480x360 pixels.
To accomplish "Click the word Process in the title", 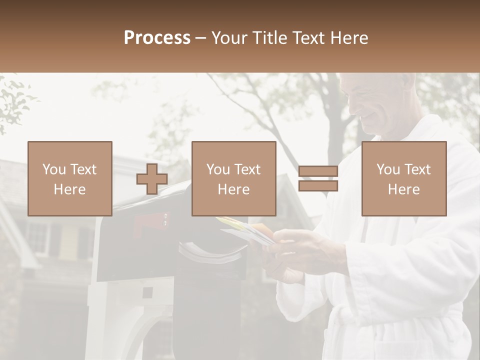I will click(x=157, y=38).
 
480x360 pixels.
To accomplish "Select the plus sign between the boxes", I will click(x=152, y=179).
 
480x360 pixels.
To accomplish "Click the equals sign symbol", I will click(x=318, y=178).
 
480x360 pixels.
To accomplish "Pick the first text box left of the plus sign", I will click(x=69, y=178).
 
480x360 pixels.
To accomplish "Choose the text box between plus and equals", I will click(x=233, y=178).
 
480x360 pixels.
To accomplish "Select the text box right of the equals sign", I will click(x=403, y=178).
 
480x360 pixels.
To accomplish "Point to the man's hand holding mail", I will click(x=300, y=250).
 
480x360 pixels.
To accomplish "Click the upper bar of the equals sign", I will click(x=318, y=171).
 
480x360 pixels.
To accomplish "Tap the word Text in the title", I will click(x=308, y=38).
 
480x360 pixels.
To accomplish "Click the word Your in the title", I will click(x=230, y=38).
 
